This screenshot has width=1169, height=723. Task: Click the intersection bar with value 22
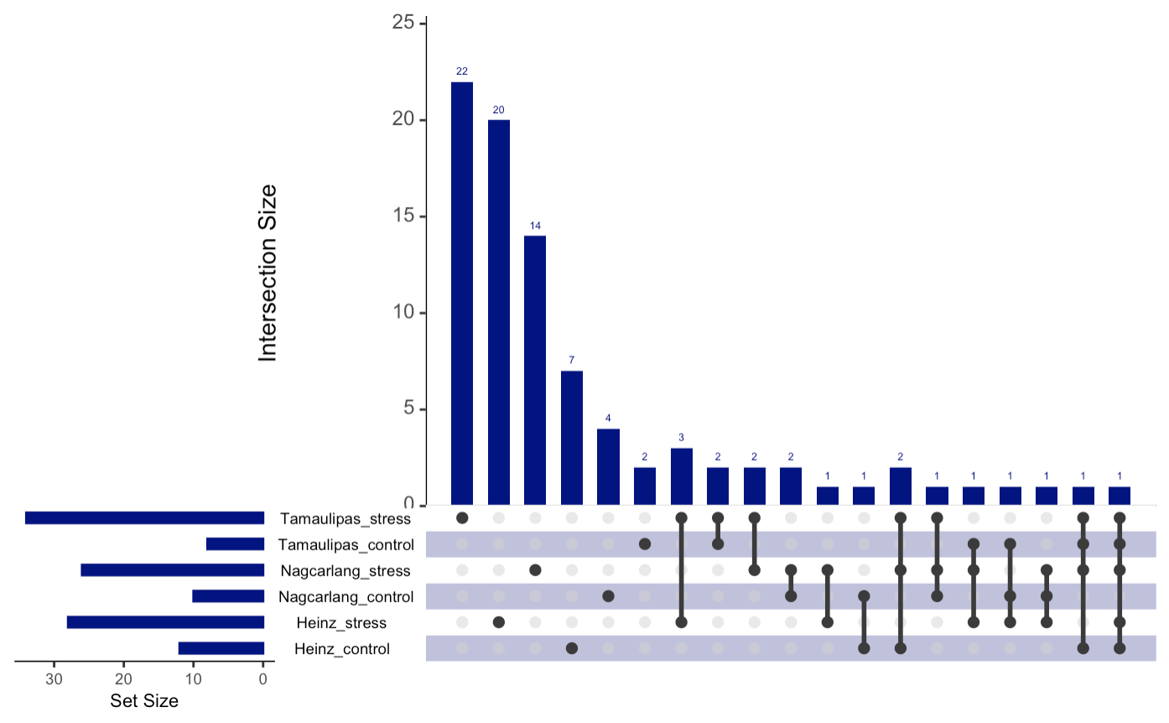pyautogui.click(x=461, y=294)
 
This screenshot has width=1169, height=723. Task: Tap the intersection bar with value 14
pyautogui.click(x=535, y=370)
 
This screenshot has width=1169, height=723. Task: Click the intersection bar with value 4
pyautogui.click(x=608, y=466)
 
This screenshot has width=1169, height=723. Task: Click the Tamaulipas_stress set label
pyautogui.click(x=346, y=518)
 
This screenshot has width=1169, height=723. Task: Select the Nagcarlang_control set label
pyautogui.click(x=345, y=597)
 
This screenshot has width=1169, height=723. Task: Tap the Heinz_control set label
pyautogui.click(x=342, y=648)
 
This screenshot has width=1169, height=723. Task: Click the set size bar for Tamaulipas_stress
pyautogui.click(x=144, y=518)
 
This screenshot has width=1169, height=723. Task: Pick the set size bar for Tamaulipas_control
pyautogui.click(x=235, y=544)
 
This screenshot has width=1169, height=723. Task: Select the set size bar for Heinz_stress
pyautogui.click(x=165, y=622)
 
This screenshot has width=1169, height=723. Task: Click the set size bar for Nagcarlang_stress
pyautogui.click(x=172, y=570)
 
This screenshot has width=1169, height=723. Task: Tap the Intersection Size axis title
pyautogui.click(x=268, y=273)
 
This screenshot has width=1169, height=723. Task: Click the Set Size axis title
pyautogui.click(x=144, y=701)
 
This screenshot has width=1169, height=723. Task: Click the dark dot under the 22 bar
pyautogui.click(x=461, y=518)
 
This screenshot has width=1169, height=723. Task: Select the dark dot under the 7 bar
pyautogui.click(x=571, y=648)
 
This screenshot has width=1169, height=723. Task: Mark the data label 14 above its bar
pyautogui.click(x=535, y=226)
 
